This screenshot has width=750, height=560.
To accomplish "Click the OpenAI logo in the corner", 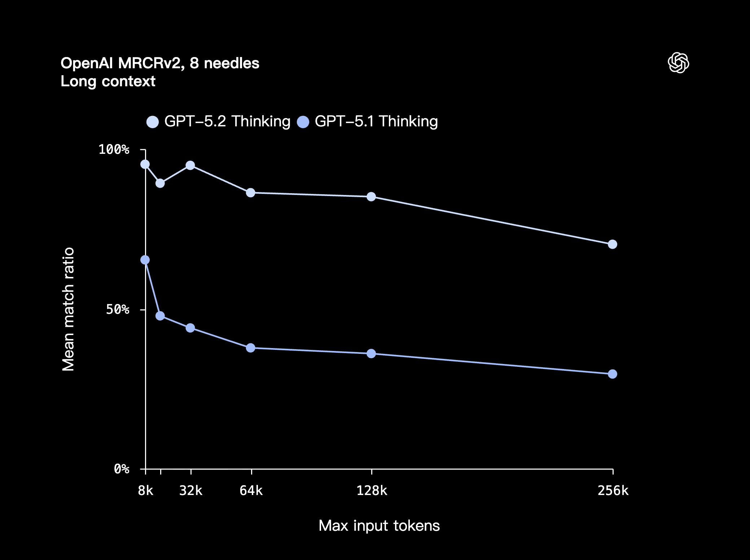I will (678, 63).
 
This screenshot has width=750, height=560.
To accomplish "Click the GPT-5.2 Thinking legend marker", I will (153, 122).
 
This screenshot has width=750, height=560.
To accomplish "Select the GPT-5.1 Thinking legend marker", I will (303, 122).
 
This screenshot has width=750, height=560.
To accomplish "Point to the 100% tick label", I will (114, 149).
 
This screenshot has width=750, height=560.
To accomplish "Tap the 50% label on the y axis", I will (118, 309).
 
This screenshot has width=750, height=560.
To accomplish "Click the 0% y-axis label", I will (122, 469).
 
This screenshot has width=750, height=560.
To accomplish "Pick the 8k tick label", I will (146, 491).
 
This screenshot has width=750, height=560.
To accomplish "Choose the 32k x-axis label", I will (191, 491).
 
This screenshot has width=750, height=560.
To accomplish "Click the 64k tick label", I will (251, 491).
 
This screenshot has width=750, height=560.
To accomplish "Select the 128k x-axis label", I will (372, 491).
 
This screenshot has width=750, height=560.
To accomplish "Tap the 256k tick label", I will (613, 491).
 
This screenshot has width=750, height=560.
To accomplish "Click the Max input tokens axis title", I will (379, 526).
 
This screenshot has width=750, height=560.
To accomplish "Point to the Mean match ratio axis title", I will (68, 309).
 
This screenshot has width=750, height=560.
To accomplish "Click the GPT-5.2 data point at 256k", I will (612, 244).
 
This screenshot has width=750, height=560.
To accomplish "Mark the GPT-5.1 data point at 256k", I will (612, 374).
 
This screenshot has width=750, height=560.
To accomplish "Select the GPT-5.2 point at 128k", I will (371, 197).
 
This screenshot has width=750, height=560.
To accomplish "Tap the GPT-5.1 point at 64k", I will (251, 348).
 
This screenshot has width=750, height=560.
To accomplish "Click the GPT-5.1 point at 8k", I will (145, 260).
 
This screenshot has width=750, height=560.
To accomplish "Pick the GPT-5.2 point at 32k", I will (190, 165).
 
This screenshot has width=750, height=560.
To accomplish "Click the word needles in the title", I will (232, 63).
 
